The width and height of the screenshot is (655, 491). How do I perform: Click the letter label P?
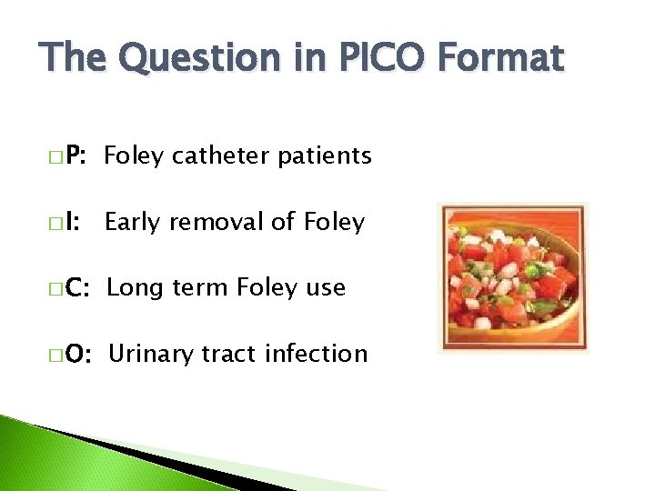click(73, 156)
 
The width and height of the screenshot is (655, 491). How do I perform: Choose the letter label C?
click(75, 288)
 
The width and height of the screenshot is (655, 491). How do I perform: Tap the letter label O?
click(76, 354)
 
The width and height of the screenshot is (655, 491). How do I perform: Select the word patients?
click(324, 156)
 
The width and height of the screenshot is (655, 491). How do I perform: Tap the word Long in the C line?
click(134, 288)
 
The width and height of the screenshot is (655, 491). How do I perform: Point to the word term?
click(198, 288)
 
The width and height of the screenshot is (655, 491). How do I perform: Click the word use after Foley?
click(325, 288)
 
